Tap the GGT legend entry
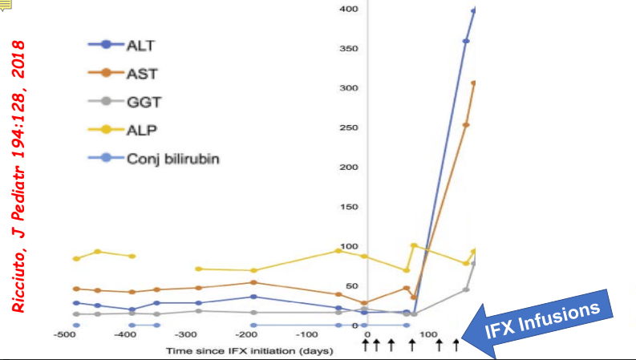pos(143,101)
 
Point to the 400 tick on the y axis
pos(347,9)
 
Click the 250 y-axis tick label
pos(347,127)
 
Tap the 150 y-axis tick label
pos(347,207)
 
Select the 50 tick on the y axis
pos(350,285)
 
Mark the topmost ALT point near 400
pos(474,10)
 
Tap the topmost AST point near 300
pos(474,83)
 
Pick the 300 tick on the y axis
pos(347,87)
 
